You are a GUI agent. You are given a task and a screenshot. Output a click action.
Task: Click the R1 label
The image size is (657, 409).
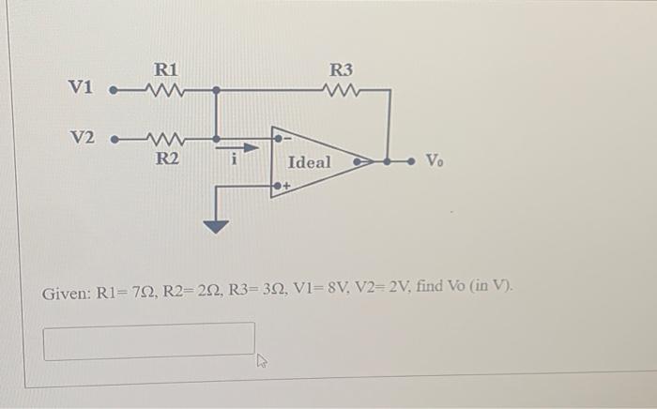[165, 70]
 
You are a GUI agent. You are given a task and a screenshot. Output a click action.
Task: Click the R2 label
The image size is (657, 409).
[166, 159]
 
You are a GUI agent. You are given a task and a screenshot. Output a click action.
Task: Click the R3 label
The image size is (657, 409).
[342, 70]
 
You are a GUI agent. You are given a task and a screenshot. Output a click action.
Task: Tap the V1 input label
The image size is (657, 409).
[82, 88]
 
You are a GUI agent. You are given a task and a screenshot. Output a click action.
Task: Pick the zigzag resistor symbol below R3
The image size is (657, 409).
[340, 91]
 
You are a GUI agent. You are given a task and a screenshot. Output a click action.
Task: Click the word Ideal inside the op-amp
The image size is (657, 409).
[309, 162]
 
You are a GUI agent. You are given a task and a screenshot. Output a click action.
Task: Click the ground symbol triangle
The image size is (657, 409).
[217, 225]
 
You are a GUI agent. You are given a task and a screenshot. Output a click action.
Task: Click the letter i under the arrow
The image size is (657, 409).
[235, 161]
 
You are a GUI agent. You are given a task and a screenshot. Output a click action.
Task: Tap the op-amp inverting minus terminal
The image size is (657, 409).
[279, 139]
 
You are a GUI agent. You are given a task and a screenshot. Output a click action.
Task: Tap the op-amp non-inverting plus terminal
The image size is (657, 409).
[279, 188]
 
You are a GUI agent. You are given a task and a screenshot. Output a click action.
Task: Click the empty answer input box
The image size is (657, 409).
[148, 341]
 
